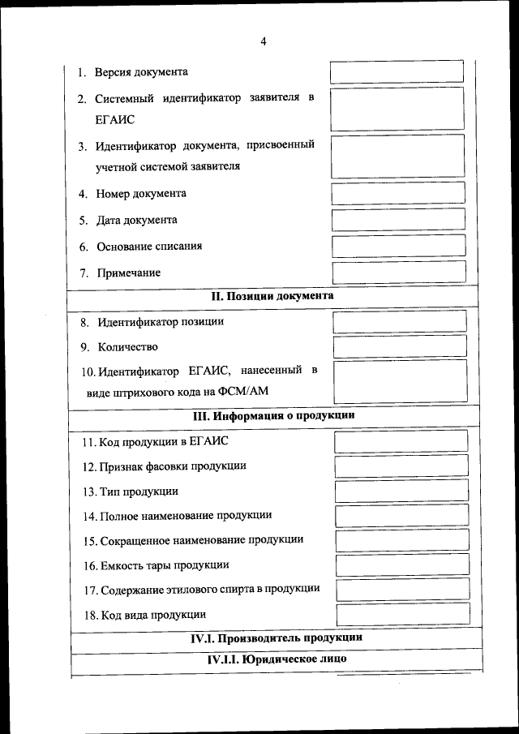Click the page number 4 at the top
point(264,42)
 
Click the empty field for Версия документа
point(397,71)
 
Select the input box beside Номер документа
point(398,193)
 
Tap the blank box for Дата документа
point(398,219)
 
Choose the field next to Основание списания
point(398,246)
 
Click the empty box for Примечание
point(399,272)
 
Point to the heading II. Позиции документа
point(272,296)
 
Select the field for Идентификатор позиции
point(400,321)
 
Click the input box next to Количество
point(400,347)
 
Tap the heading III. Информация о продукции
point(273,416)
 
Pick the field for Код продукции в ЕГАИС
point(401,441)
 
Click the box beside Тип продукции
point(401,491)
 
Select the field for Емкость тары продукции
point(402,564)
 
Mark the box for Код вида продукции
point(403,614)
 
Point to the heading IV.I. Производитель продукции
point(276,637)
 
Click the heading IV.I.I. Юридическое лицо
point(277,659)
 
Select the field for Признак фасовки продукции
point(401,466)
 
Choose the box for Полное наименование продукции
point(402,515)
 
